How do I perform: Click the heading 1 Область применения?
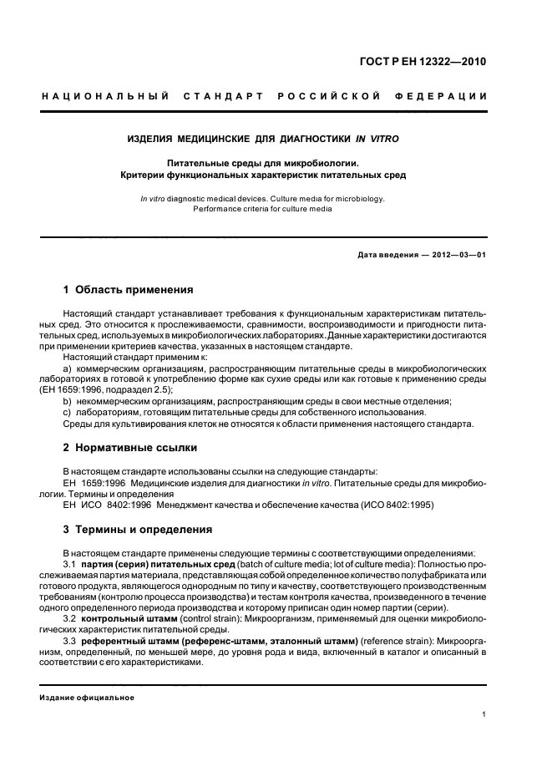click(x=128, y=290)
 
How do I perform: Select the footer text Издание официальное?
click(x=88, y=697)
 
